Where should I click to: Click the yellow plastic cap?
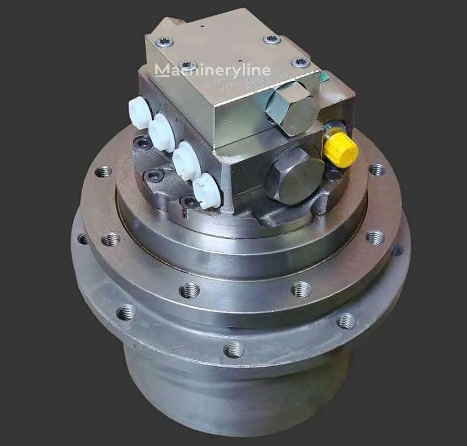341,149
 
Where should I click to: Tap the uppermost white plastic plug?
140,113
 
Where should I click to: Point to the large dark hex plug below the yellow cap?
293,175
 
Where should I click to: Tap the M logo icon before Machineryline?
162,70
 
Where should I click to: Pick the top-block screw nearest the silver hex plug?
301,63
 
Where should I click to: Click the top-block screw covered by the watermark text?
188,66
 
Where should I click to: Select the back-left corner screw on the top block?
164,42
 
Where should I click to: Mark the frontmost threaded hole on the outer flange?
233,349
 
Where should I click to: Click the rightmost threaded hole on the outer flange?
397,250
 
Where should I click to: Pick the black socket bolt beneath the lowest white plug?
189,202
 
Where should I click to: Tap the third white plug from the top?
186,161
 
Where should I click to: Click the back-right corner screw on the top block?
272,40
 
